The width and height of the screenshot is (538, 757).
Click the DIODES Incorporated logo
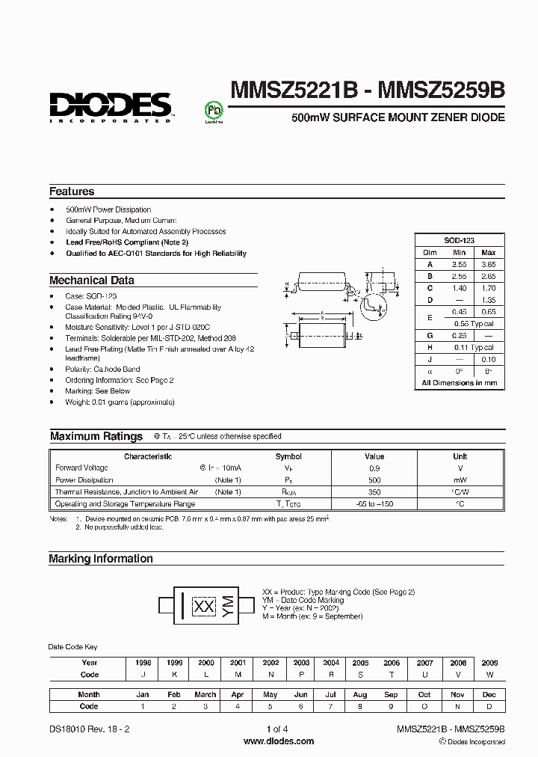[111, 106]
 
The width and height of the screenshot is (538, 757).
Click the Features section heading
[72, 191]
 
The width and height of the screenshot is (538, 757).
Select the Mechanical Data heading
[92, 281]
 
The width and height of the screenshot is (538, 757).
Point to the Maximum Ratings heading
[96, 436]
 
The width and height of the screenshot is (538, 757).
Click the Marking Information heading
[100, 559]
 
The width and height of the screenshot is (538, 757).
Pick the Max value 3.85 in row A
[487, 264]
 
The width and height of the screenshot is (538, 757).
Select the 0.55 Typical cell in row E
[473, 323]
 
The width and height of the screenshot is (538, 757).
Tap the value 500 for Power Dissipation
[374, 479]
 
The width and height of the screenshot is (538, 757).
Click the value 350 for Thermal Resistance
[374, 492]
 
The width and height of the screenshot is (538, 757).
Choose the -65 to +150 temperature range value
[374, 504]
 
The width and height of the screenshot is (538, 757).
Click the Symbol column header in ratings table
[288, 456]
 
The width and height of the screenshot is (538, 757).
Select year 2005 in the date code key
[361, 663]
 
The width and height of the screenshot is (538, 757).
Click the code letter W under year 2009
[490, 674]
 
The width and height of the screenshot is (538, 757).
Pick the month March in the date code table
[206, 694]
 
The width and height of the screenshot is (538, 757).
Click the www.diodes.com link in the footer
[279, 741]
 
